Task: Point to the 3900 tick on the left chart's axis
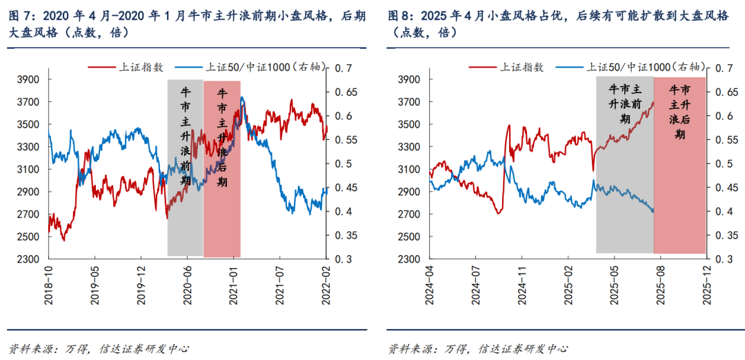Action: click(x=28, y=80)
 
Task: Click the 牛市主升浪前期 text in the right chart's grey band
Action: click(x=625, y=103)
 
